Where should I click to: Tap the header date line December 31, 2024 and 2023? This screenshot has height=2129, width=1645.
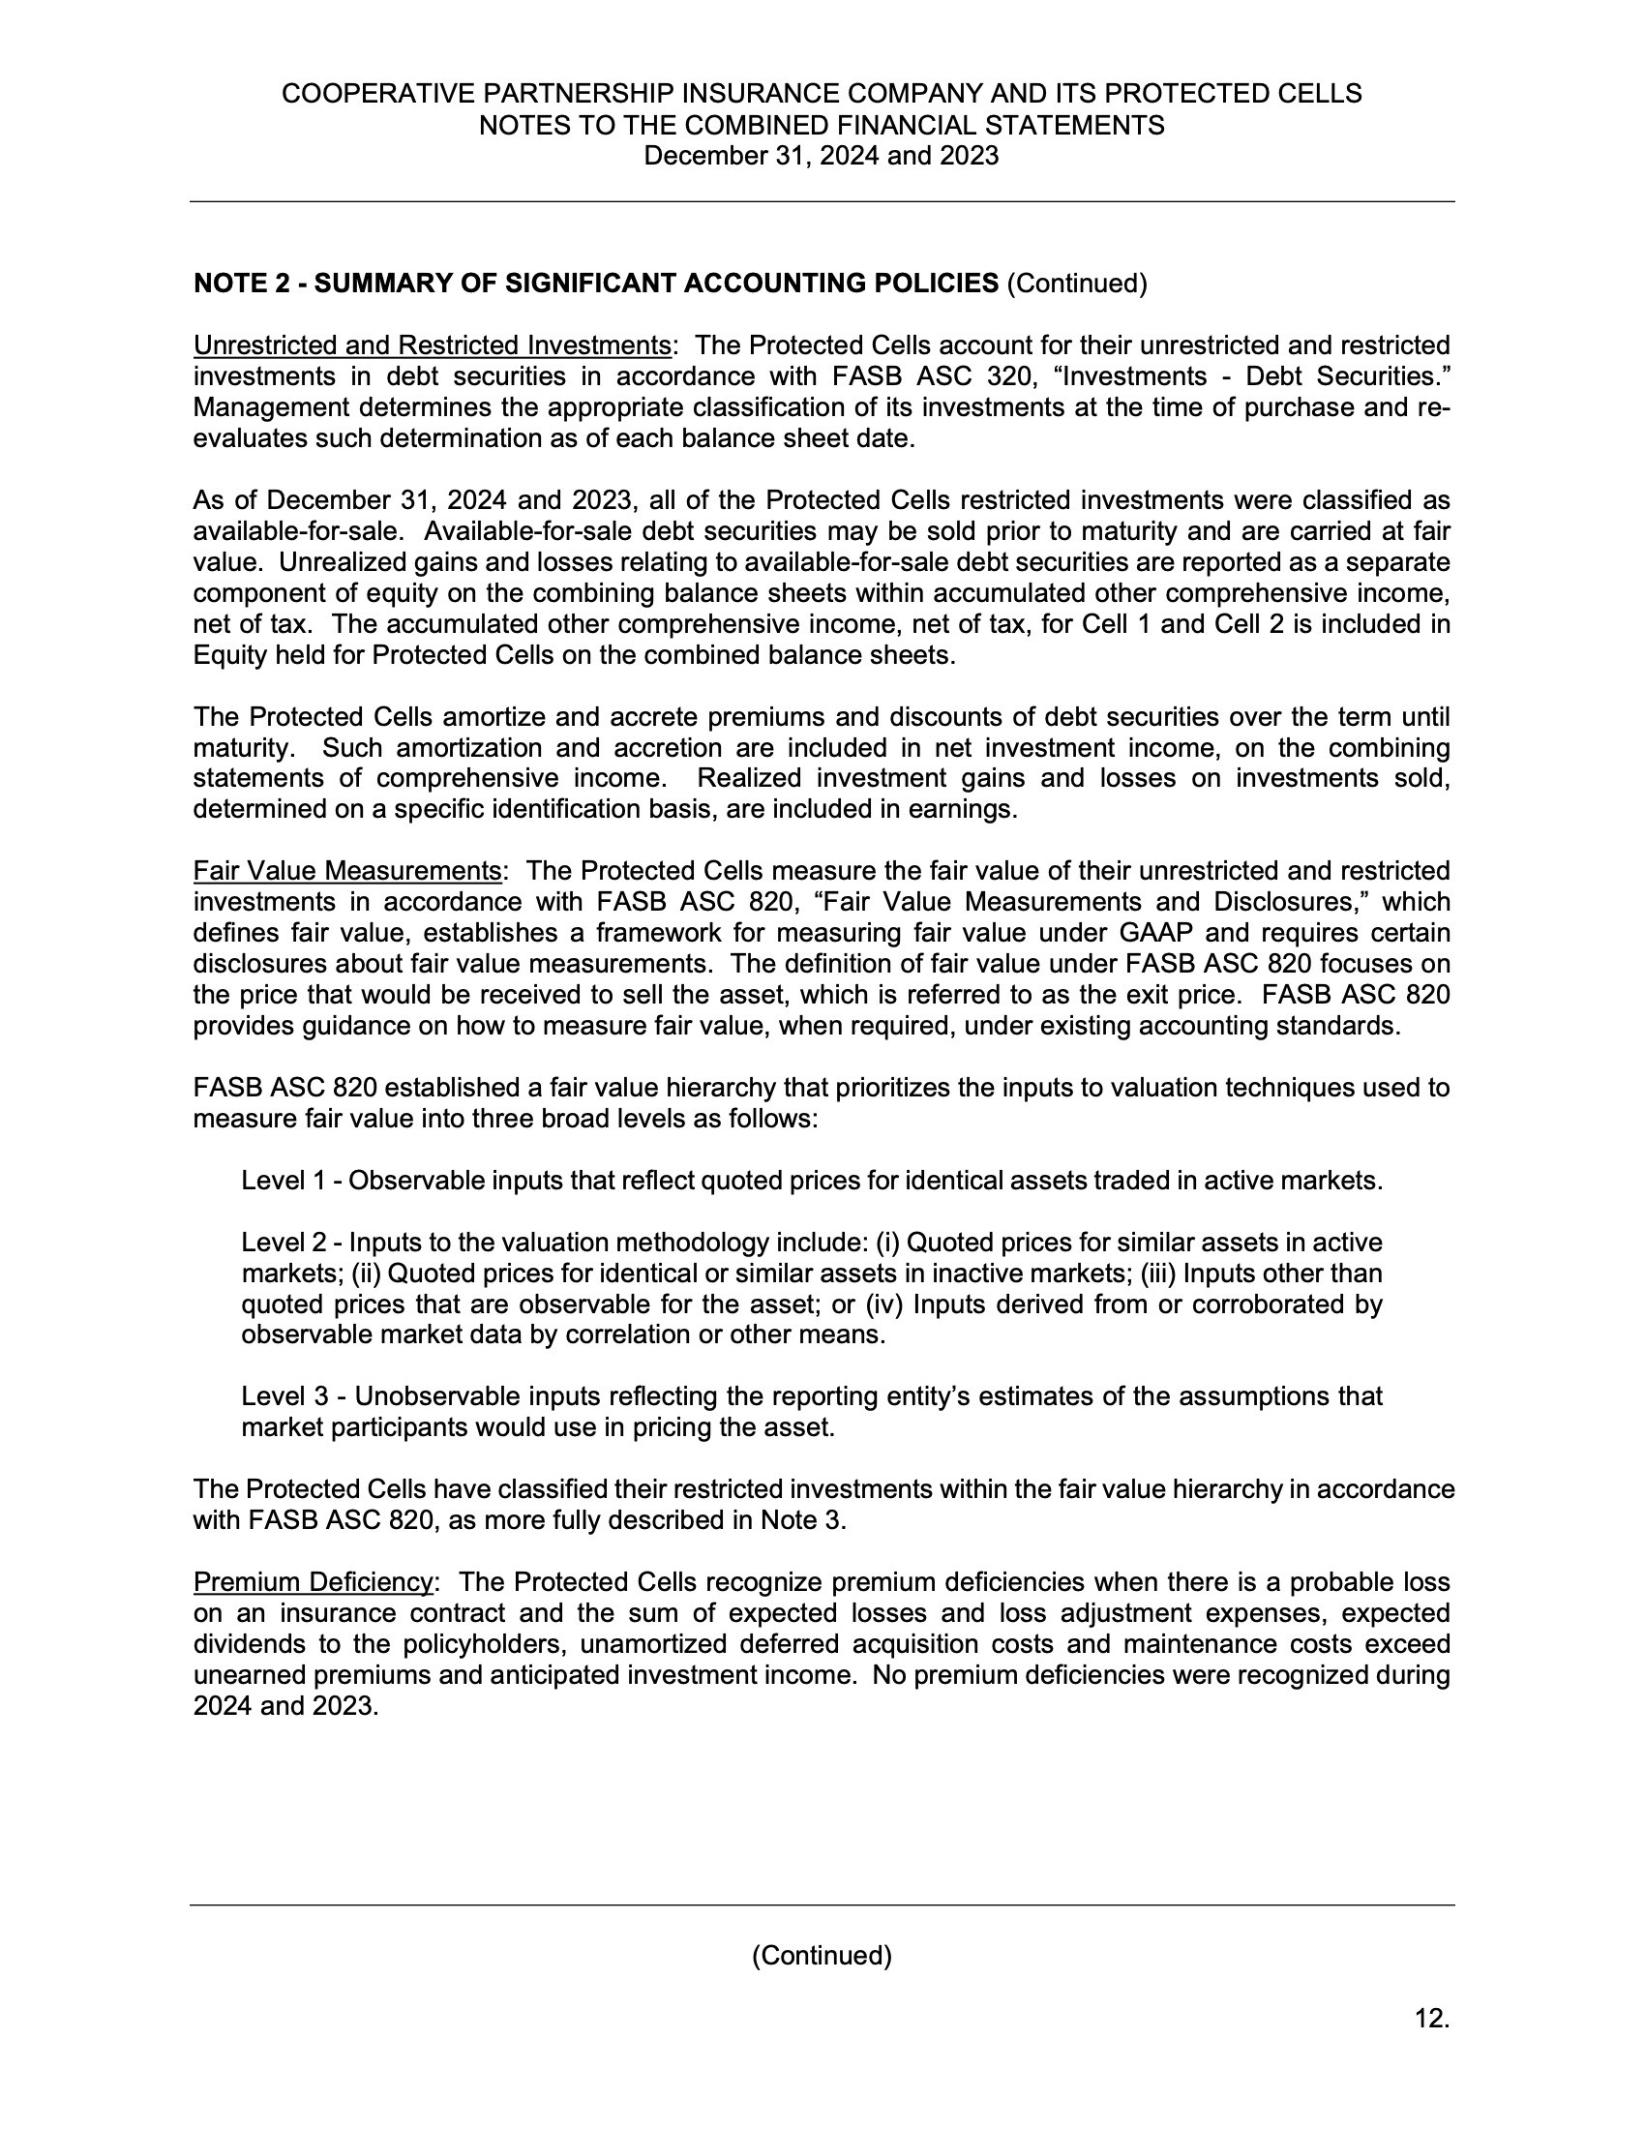click(x=822, y=156)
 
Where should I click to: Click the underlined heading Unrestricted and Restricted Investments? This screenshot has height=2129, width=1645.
click(x=432, y=346)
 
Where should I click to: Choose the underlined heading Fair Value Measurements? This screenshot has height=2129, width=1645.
click(x=347, y=872)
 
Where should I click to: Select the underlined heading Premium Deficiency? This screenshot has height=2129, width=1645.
click(x=313, y=1582)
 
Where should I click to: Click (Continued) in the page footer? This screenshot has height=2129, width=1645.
click(x=822, y=1957)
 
